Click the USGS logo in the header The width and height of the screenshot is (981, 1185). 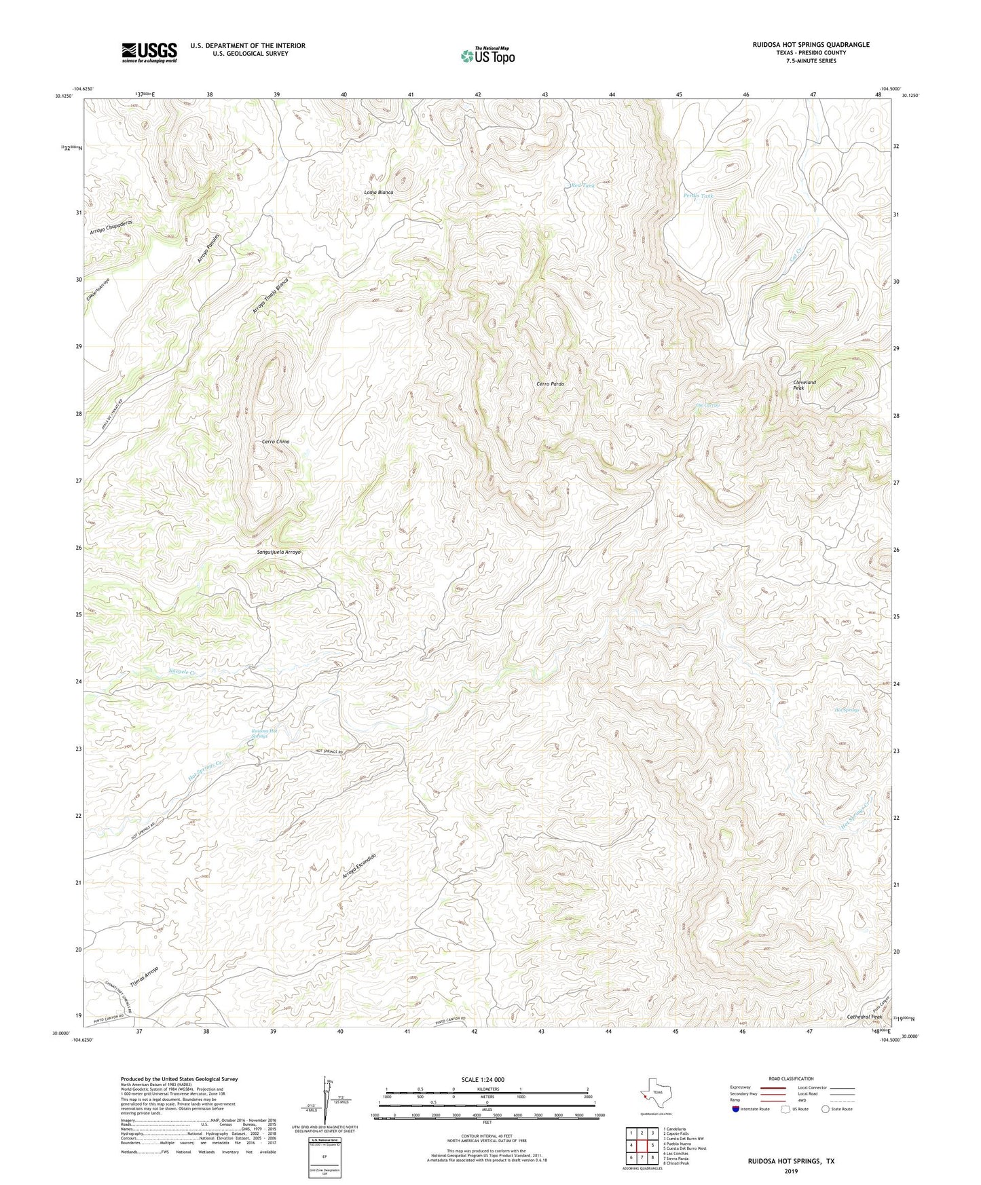pos(149,52)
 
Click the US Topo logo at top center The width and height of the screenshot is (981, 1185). pos(487,56)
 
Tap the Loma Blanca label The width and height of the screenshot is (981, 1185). pos(379,193)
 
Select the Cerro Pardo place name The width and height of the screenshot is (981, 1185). pos(550,384)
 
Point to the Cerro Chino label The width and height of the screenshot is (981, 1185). pos(276,442)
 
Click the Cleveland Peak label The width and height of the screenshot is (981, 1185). pos(804,385)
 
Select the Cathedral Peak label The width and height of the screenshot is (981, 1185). pos(864,1017)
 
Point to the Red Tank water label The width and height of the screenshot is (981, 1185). pos(582,186)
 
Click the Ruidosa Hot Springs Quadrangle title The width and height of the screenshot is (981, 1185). pos(811,45)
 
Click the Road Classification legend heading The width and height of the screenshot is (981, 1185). pos(791,1078)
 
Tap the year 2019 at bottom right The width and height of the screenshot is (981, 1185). pos(791,1171)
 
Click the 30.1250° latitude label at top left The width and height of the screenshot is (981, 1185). pos(63,96)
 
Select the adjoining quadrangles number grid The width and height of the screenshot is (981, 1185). pos(642,1146)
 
